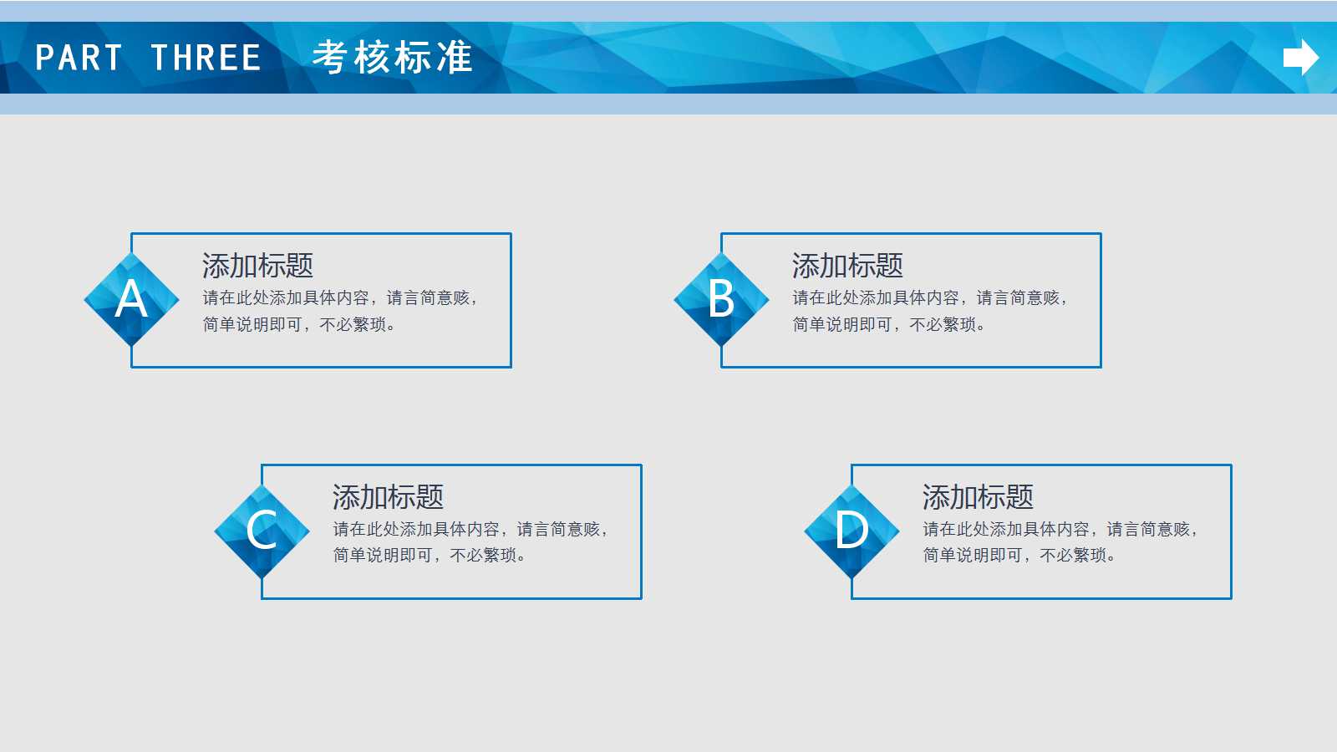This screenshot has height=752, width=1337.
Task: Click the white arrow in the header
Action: [1300, 58]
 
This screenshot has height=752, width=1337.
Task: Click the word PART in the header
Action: [79, 58]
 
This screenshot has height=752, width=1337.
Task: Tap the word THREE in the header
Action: [206, 58]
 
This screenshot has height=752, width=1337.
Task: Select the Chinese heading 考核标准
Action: [392, 58]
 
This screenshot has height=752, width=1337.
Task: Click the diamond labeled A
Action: [131, 299]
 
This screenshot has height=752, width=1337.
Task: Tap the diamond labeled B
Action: [721, 299]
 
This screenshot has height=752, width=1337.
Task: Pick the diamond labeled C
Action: [262, 531]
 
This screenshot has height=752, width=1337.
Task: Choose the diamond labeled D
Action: [852, 531]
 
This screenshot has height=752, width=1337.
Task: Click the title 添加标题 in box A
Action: [257, 266]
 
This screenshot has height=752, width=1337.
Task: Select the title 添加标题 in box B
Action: [847, 266]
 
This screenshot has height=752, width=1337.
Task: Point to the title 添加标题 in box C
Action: [388, 497]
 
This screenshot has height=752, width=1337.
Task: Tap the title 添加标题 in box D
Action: [978, 497]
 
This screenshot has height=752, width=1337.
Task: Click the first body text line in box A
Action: [339, 298]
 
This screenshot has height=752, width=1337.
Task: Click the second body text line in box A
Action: [298, 324]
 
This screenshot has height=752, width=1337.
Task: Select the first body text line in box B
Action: [929, 298]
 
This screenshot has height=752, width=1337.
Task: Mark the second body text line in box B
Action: [888, 324]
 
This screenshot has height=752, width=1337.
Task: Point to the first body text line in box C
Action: [470, 530]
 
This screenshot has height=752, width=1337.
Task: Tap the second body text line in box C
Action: [429, 556]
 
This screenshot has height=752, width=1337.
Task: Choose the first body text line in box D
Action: [1060, 530]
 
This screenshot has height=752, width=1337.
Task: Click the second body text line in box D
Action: [1019, 556]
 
